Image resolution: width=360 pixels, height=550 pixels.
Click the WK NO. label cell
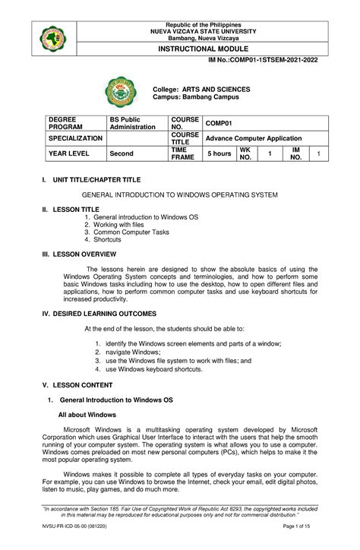(245, 154)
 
